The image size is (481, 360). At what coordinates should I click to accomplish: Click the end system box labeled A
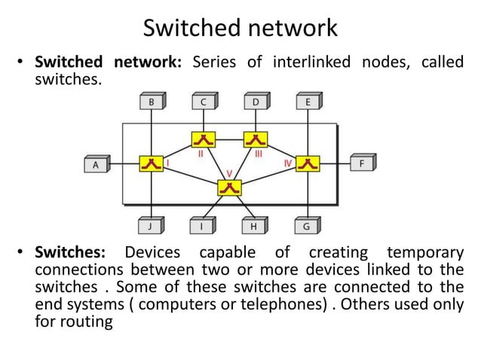point(96,164)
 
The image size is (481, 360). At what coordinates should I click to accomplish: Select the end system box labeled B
point(152,102)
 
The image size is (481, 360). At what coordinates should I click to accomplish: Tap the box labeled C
point(204,102)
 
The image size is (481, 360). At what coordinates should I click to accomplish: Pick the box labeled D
point(256,102)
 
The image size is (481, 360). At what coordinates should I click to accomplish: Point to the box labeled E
point(308,102)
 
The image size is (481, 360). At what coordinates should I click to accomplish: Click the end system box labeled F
point(362,163)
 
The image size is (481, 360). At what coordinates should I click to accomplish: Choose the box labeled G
point(307,225)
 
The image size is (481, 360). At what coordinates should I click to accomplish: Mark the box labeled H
point(254,225)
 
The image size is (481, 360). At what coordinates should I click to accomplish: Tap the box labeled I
point(202,225)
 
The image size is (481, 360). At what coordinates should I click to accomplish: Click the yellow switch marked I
point(151,163)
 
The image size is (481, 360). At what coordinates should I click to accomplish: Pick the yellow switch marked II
point(204,139)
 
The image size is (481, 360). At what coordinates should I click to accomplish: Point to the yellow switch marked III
point(256,139)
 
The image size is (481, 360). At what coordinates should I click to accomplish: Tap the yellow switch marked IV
point(308,163)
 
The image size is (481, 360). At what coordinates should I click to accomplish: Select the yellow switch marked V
point(230,188)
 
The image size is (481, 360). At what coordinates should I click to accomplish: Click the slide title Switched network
point(240,28)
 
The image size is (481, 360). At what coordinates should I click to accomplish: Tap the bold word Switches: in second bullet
point(74,252)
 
